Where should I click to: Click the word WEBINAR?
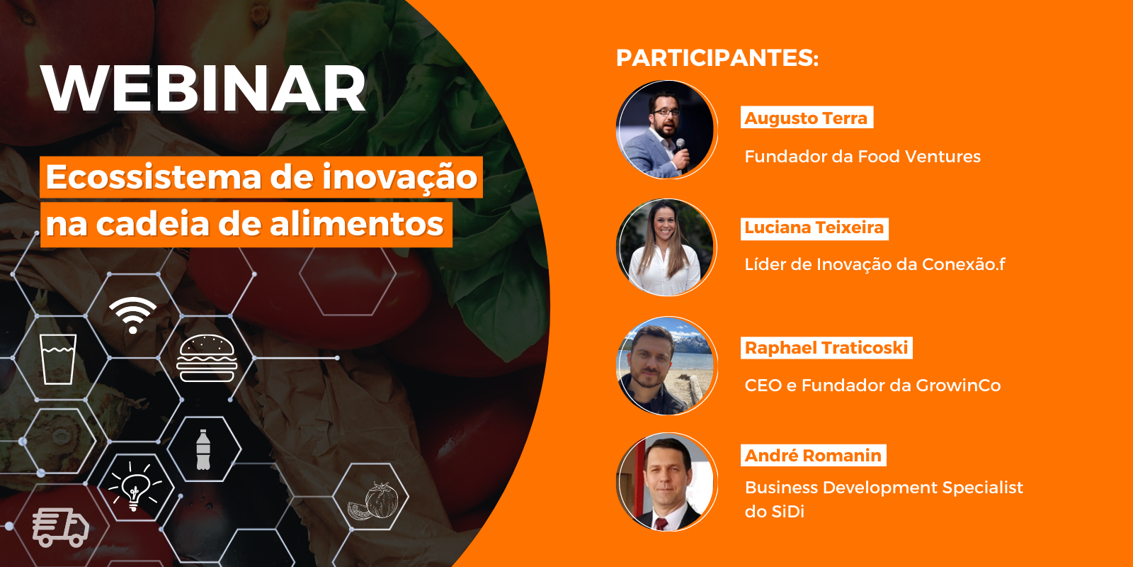(204, 89)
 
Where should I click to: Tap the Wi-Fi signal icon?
(133, 315)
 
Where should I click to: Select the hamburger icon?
(206, 358)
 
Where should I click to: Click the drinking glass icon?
(58, 359)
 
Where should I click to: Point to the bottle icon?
(203, 449)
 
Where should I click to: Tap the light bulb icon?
(134, 485)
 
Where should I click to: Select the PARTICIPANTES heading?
(717, 57)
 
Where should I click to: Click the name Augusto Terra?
(807, 118)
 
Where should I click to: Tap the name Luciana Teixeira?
(814, 228)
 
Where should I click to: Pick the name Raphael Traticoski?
(826, 348)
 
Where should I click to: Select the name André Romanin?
(813, 456)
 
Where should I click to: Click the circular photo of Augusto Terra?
(666, 130)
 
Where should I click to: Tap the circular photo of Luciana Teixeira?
(666, 247)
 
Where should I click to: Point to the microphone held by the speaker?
(681, 147)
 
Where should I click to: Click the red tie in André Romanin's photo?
(661, 524)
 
